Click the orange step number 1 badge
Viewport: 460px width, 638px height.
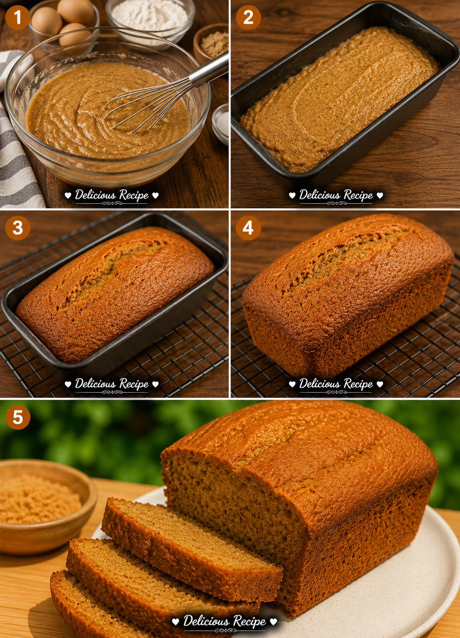18,17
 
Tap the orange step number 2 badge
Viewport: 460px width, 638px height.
248,17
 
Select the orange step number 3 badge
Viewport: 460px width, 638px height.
18,228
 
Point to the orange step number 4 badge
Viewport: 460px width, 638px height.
248,228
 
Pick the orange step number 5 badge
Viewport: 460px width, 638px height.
18,417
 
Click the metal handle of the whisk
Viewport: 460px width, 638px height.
209,70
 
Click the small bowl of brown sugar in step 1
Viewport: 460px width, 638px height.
211,43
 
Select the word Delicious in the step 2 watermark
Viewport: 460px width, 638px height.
320,195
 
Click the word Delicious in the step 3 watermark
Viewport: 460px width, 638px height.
95,384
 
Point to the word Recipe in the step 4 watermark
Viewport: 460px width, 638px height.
358,384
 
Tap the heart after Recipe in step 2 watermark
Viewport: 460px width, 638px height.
380,195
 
